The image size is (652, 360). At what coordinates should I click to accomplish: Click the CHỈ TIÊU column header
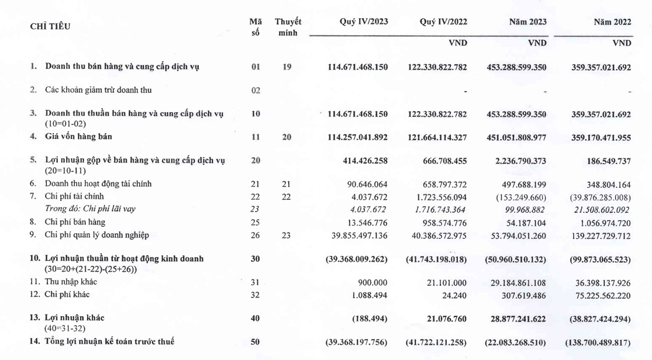pos(50,26)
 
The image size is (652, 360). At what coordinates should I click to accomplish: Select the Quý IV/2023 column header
pos(364,22)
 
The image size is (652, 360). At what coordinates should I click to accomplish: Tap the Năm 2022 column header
pos(612,22)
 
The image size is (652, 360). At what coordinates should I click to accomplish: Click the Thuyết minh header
pos(288,27)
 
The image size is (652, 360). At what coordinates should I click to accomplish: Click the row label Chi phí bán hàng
pos(75,222)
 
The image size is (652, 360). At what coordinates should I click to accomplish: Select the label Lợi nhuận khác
pos(78,317)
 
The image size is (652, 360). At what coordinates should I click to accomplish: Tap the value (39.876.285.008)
pos(601,196)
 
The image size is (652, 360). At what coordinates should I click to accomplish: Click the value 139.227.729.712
pos(601,235)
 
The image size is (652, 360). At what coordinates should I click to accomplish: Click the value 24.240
pos(454,295)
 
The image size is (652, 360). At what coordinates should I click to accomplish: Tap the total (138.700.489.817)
pos(598,341)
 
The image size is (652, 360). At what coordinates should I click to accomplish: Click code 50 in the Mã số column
pos(255,341)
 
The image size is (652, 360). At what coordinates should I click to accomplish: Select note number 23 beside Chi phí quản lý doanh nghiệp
pos(287,235)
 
